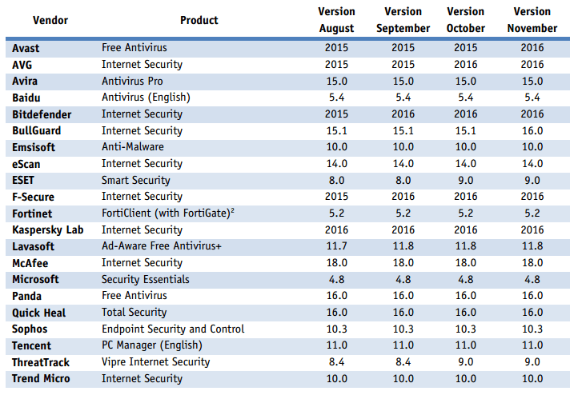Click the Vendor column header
(x=50, y=20)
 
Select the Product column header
(x=199, y=20)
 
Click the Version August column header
(x=336, y=20)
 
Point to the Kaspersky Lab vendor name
(x=48, y=229)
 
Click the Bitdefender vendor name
(x=42, y=114)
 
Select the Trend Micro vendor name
(x=41, y=378)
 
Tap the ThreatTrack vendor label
(x=42, y=362)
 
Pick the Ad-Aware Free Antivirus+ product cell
(x=163, y=246)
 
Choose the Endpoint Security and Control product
(x=173, y=329)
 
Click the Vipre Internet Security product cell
(x=155, y=362)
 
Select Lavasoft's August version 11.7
(x=336, y=246)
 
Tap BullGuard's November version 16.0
(x=532, y=130)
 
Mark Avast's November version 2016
(x=532, y=47)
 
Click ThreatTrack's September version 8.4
(x=403, y=362)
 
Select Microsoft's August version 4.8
(x=336, y=279)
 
